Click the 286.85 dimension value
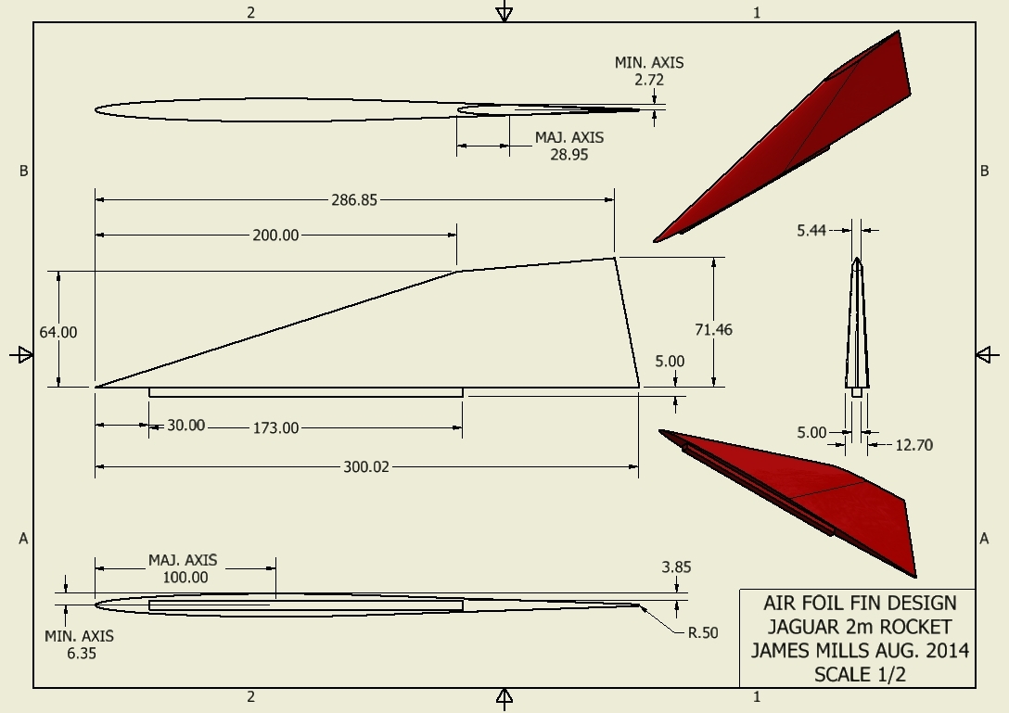tap(354, 200)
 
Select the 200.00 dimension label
tap(275, 236)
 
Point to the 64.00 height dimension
tap(57, 333)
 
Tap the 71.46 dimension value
tap(714, 329)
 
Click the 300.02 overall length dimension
tap(366, 467)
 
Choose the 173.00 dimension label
tap(275, 428)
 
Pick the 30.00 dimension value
tap(186, 426)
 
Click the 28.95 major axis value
tap(568, 155)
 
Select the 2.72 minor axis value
tap(648, 80)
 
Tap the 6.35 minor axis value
tap(81, 653)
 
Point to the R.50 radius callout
tap(703, 633)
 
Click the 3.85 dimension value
tap(676, 567)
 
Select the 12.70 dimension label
tap(913, 445)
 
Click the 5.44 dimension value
tap(811, 230)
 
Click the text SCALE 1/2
tap(860, 674)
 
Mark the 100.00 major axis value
tap(185, 578)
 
